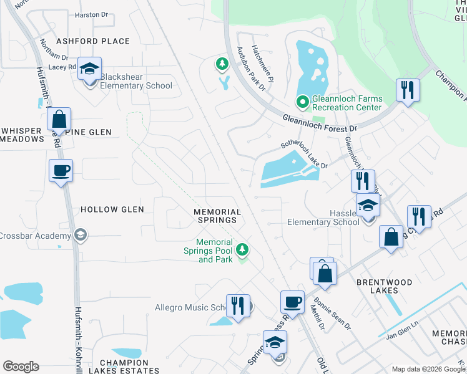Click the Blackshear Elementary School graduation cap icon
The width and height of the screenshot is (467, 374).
90,69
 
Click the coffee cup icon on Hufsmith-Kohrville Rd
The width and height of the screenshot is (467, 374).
61,171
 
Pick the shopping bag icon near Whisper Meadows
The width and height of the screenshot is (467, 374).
59,118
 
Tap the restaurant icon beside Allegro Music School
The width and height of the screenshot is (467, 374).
238,305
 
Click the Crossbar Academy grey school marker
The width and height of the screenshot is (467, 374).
79,235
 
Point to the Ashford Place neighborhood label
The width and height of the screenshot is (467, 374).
93,41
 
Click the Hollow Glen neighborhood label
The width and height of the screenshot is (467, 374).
112,209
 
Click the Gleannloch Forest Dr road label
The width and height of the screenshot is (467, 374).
319,123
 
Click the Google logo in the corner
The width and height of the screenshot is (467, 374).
21,367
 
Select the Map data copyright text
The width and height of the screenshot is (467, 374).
428,369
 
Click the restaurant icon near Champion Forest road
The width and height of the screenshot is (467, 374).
408,91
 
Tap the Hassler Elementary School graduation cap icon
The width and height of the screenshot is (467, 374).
368,205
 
